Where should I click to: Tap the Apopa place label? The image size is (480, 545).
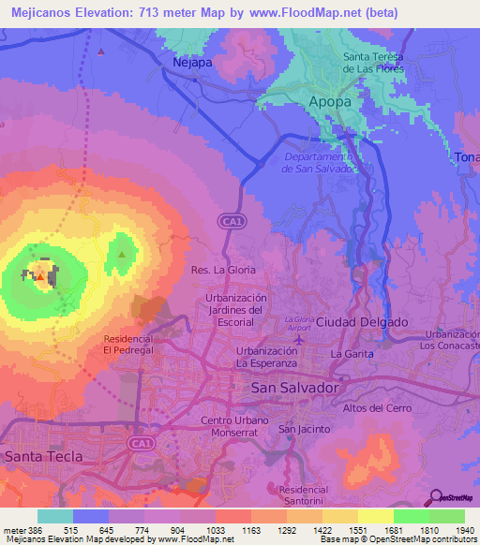(x=329, y=100)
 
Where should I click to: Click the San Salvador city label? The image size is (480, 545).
(x=294, y=387)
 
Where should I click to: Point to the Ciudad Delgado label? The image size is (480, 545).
(x=362, y=322)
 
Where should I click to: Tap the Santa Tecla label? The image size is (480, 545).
(x=43, y=456)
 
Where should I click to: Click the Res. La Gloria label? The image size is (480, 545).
(x=223, y=270)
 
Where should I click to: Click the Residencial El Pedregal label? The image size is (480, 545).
(x=127, y=344)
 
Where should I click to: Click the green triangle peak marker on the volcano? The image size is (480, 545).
(x=122, y=253)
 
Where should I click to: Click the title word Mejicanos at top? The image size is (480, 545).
(x=51, y=13)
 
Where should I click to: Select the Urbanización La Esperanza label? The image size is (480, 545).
(x=266, y=356)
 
